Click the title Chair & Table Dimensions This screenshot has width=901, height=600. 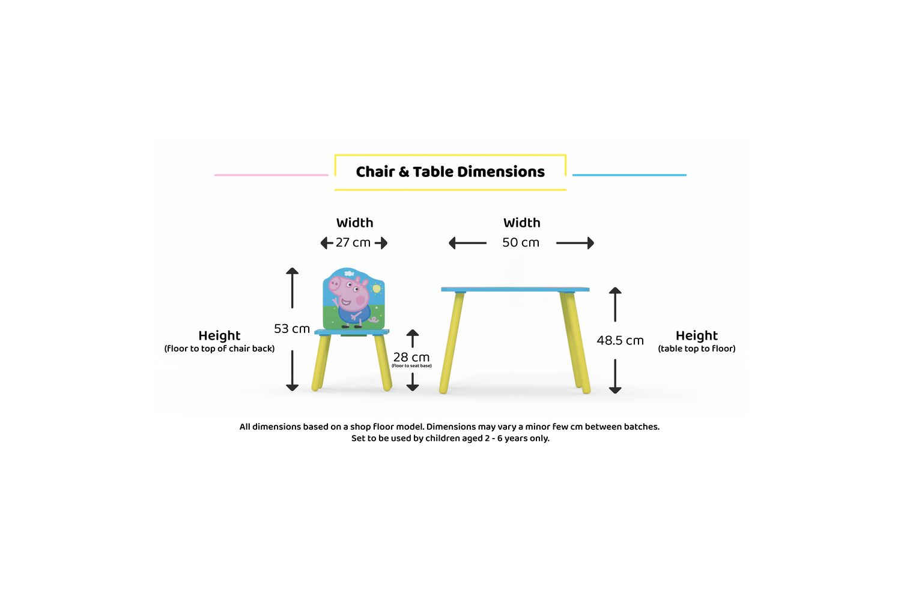450,172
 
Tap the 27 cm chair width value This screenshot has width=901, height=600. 353,243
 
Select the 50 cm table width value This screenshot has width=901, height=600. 521,243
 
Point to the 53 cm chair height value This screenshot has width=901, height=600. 291,329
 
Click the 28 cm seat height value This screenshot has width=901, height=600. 411,357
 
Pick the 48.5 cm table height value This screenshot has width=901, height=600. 620,340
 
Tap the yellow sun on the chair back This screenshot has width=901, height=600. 377,288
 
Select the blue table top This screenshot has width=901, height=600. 515,289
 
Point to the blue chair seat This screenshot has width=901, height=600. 351,332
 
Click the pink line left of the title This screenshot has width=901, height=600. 271,175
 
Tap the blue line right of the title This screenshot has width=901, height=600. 629,175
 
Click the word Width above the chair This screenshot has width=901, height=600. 354,223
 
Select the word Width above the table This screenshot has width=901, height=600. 522,223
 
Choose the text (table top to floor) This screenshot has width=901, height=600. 696,349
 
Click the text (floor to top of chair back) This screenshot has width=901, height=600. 219,349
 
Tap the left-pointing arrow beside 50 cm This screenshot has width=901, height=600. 467,243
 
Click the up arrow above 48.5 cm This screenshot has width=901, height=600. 615,305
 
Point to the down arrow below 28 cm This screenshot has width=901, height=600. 412,382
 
